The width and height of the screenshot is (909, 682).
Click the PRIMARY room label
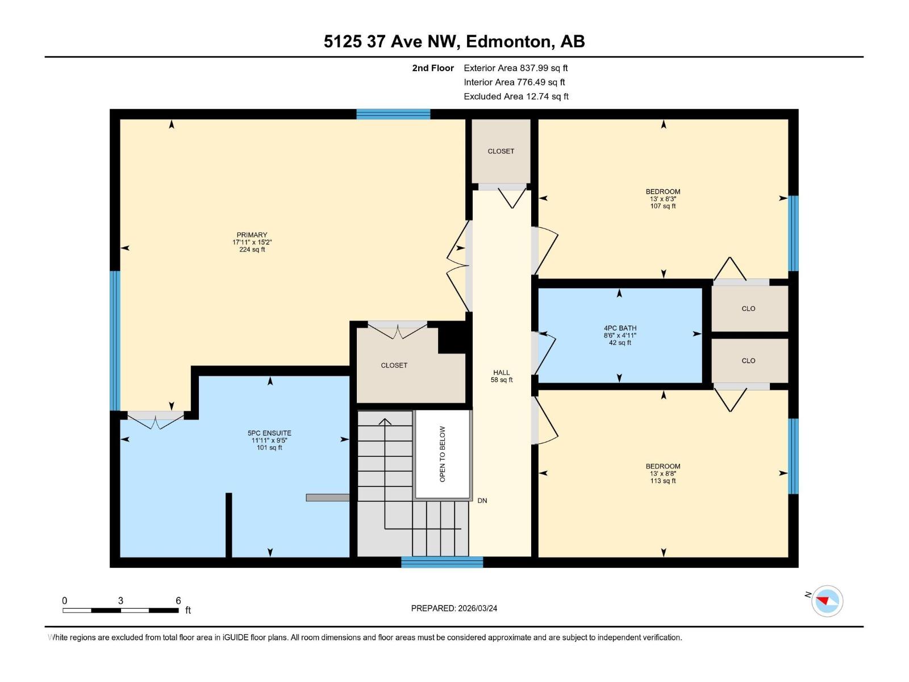252,242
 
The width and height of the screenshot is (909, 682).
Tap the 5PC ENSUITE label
269,440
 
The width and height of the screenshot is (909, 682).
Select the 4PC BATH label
620,335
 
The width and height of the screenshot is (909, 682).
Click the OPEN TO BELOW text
443,454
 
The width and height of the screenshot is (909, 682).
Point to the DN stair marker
482,501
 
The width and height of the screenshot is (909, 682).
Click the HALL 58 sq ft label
502,376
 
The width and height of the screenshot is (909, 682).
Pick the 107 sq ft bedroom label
662,199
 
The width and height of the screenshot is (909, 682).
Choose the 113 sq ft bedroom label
662,473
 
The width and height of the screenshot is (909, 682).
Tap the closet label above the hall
501,151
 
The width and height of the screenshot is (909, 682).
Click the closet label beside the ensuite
394,365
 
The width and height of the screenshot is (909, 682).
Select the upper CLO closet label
748,309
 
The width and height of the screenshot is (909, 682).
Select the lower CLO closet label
748,361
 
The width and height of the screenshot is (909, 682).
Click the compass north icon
827,601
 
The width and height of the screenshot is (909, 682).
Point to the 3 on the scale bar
120,601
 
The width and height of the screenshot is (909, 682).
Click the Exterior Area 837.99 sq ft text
515,68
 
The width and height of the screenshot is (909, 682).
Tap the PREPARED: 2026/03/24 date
454,608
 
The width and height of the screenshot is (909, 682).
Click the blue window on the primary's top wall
393,114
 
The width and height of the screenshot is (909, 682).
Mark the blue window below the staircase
442,562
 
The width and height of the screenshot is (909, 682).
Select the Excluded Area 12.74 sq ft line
515,97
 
